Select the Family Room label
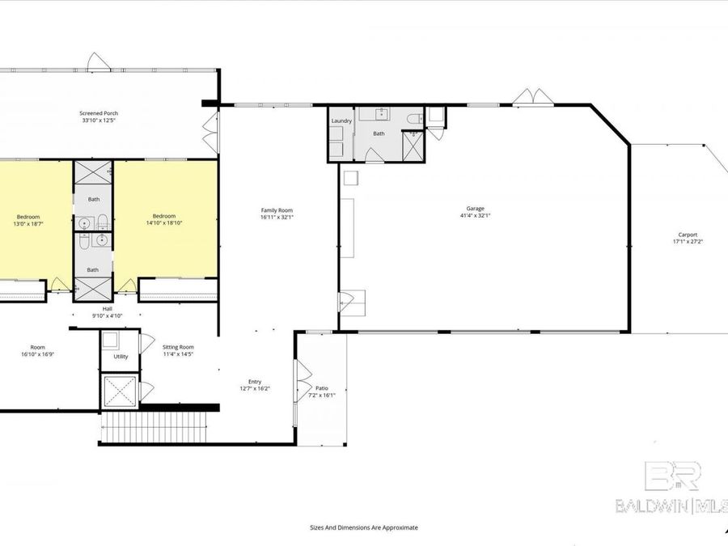coord(276,210)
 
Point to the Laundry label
coord(340,121)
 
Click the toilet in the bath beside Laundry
coord(414,121)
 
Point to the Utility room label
coord(121,356)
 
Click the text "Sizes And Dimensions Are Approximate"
coord(364,527)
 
